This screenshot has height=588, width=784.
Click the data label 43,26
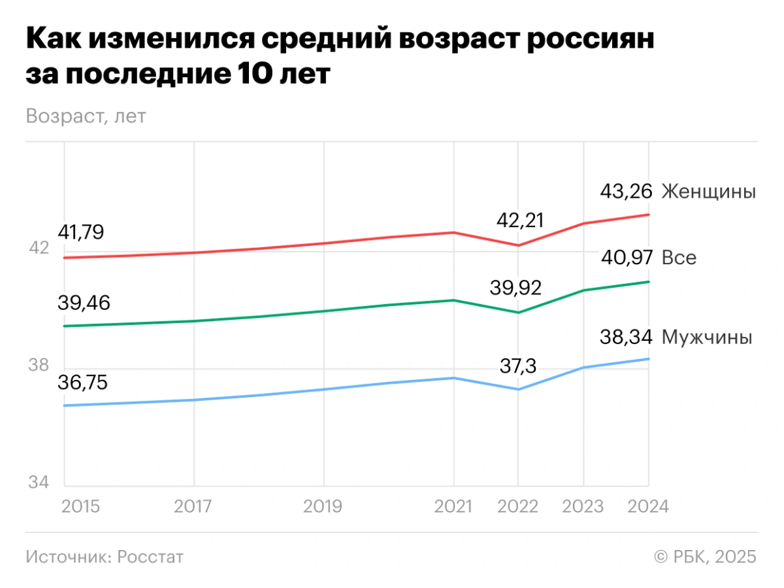click(x=627, y=192)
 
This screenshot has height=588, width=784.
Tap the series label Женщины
click(x=709, y=192)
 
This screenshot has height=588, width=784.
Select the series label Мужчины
click(x=707, y=337)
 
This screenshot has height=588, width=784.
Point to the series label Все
click(x=679, y=258)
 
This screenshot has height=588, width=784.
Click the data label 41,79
click(x=82, y=232)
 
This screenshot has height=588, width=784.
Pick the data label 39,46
click(x=84, y=303)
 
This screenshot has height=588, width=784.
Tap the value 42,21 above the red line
click(x=520, y=220)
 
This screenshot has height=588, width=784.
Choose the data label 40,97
click(x=627, y=258)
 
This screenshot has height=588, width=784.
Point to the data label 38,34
click(x=627, y=337)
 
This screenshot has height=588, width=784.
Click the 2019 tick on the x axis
click(x=323, y=507)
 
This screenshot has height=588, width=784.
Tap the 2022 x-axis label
click(x=517, y=507)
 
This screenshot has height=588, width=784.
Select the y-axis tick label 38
click(x=38, y=366)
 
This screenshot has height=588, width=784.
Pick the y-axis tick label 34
click(x=38, y=483)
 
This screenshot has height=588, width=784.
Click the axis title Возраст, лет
click(x=86, y=116)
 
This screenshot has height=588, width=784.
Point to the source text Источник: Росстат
click(x=105, y=557)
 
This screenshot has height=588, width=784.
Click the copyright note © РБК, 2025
click(x=705, y=557)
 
